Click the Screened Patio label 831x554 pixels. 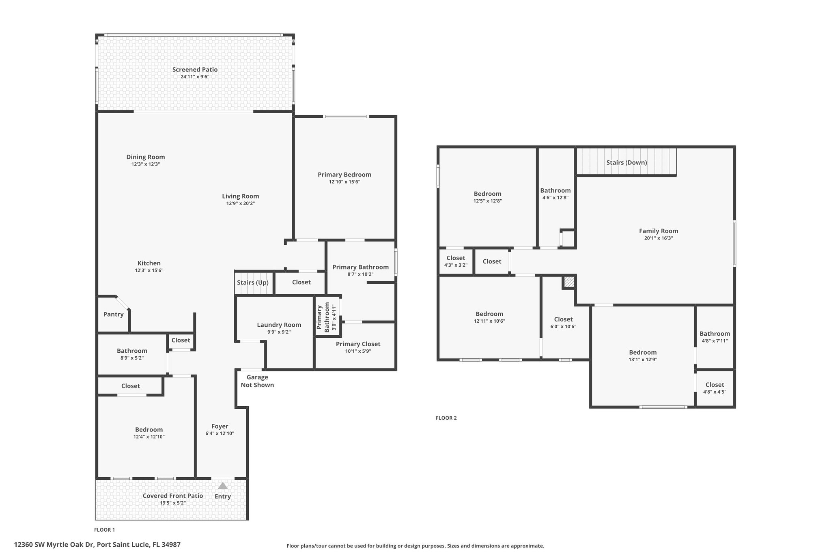pos(195,69)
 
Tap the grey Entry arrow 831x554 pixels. pos(223,485)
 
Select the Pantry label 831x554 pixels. pos(113,314)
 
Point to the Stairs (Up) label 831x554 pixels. pos(253,282)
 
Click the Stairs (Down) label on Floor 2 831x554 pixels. pos(626,162)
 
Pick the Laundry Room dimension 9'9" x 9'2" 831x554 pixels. pos(279,332)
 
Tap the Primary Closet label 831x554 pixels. pos(358,344)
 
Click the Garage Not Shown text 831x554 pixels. pos(257,381)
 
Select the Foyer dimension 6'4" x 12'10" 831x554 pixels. pos(220,433)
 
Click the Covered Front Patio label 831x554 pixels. pos(173,496)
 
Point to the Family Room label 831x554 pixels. pos(659,231)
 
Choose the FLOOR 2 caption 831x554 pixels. pos(446,418)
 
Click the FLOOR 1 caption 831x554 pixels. pos(105,530)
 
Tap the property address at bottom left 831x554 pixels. pos(97,545)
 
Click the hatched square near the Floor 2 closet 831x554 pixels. pos(569,282)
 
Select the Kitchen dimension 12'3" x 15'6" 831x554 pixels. pos(149,270)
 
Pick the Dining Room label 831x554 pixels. pos(146,157)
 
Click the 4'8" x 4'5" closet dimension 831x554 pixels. pos(715,392)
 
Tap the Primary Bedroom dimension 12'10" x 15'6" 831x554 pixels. pos(344,182)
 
